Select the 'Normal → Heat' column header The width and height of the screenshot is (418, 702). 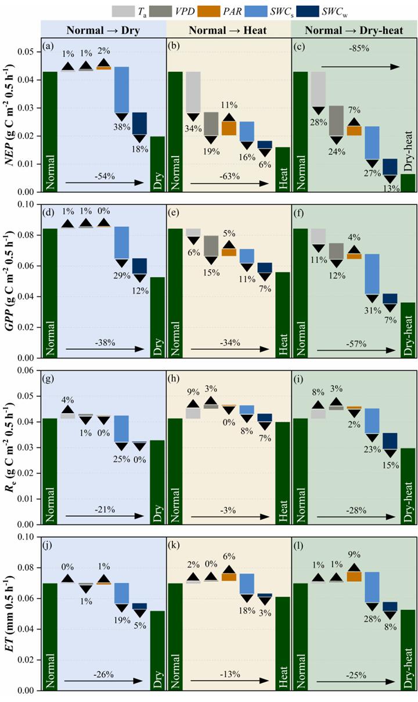coord(228,29)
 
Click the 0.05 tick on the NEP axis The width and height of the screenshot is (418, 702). coord(27,53)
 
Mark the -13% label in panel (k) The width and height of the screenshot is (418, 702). coord(228,676)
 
